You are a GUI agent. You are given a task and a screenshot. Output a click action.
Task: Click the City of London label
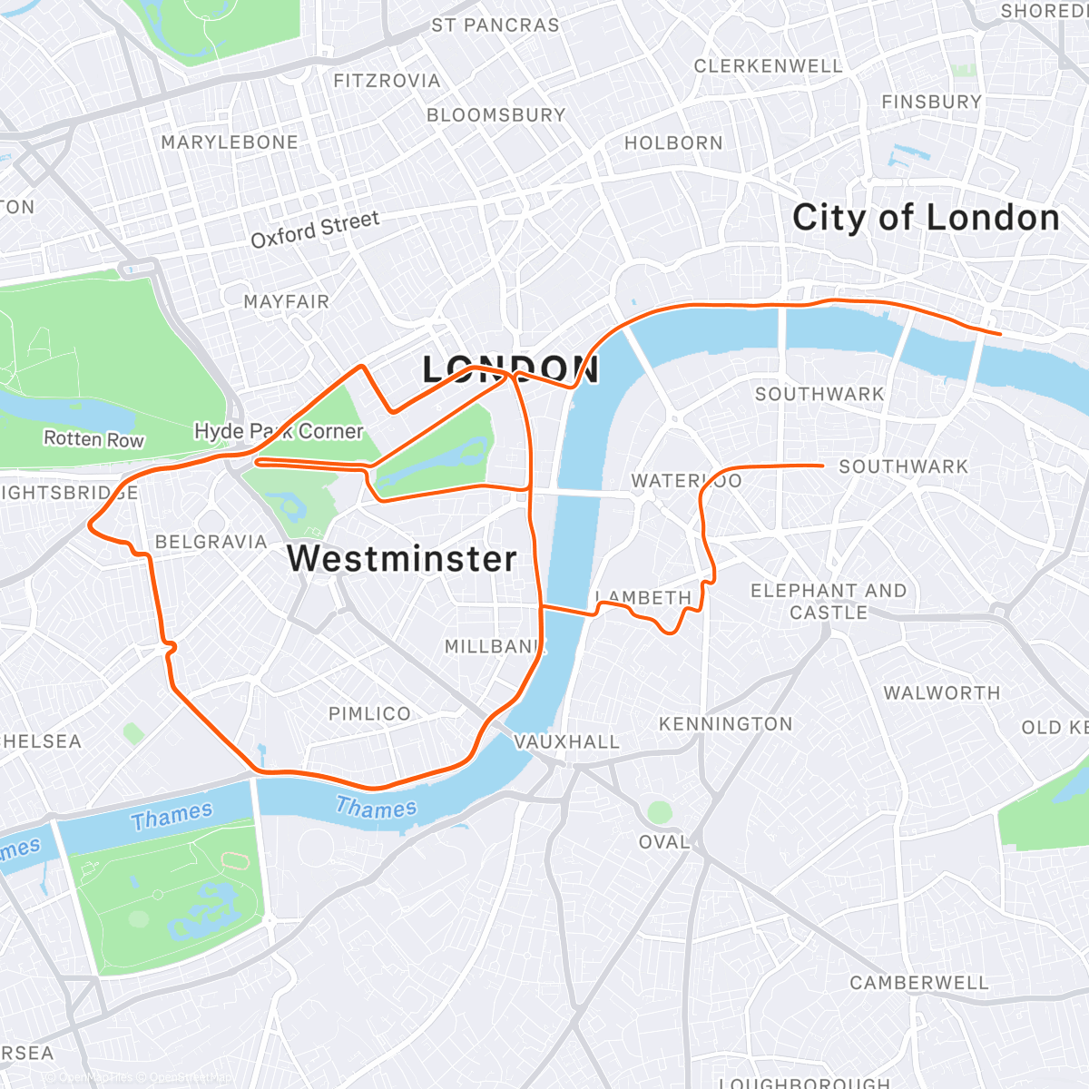(926, 218)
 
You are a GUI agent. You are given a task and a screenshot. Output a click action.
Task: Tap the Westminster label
(402, 558)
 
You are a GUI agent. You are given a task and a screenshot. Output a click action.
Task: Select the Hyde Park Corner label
(279, 431)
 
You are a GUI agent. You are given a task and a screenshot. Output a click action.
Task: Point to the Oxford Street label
(315, 230)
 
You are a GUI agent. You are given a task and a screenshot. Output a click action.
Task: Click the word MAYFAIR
(286, 301)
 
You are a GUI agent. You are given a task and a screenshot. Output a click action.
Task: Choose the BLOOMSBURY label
(495, 115)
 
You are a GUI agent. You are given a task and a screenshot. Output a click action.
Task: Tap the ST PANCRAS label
(495, 25)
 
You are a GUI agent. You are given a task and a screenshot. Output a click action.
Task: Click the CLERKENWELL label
(768, 66)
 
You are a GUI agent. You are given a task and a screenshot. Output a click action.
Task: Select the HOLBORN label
(673, 143)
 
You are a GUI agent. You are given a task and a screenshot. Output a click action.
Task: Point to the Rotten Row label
(93, 439)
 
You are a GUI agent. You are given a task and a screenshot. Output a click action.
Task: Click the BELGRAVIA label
(211, 542)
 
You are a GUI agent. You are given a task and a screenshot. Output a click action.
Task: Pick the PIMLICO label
(369, 714)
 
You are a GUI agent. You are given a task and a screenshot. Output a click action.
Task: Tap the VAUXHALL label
(566, 742)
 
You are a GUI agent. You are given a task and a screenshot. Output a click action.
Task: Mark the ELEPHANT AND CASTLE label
(828, 602)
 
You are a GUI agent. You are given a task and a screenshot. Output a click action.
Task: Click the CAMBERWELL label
(918, 983)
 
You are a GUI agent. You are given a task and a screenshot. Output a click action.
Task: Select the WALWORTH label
(941, 693)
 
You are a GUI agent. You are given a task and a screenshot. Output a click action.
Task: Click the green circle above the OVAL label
(660, 811)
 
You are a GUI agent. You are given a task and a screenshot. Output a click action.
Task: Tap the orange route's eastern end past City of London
(1000, 334)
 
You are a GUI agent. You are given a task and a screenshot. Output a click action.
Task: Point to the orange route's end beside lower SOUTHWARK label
(821, 466)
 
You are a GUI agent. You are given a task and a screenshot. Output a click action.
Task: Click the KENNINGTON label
(725, 724)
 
